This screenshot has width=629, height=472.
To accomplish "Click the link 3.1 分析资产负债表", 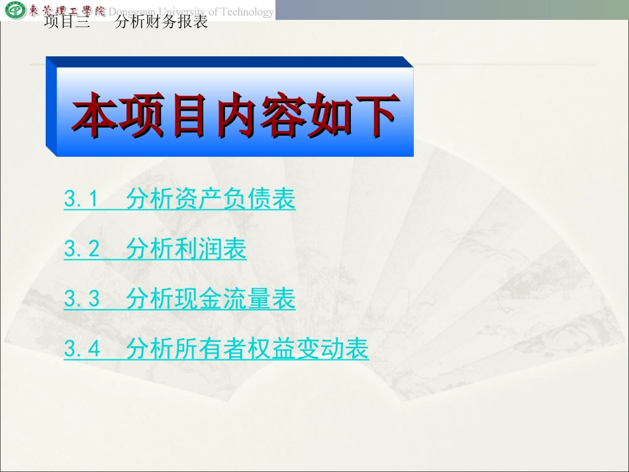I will [x=179, y=199].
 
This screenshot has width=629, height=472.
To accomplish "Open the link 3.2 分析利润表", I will [x=155, y=250].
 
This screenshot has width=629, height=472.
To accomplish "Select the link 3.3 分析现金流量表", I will [x=179, y=299].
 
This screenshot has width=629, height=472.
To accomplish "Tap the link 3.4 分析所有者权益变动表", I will [x=216, y=349].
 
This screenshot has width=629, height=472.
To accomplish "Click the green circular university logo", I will [x=14, y=11].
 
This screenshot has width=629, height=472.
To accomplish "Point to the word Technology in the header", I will [x=248, y=12].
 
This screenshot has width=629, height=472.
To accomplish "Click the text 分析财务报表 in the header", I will [x=162, y=22].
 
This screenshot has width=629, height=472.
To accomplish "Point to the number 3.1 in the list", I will [x=81, y=199].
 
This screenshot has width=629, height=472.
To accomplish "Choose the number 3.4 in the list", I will [x=81, y=349].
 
